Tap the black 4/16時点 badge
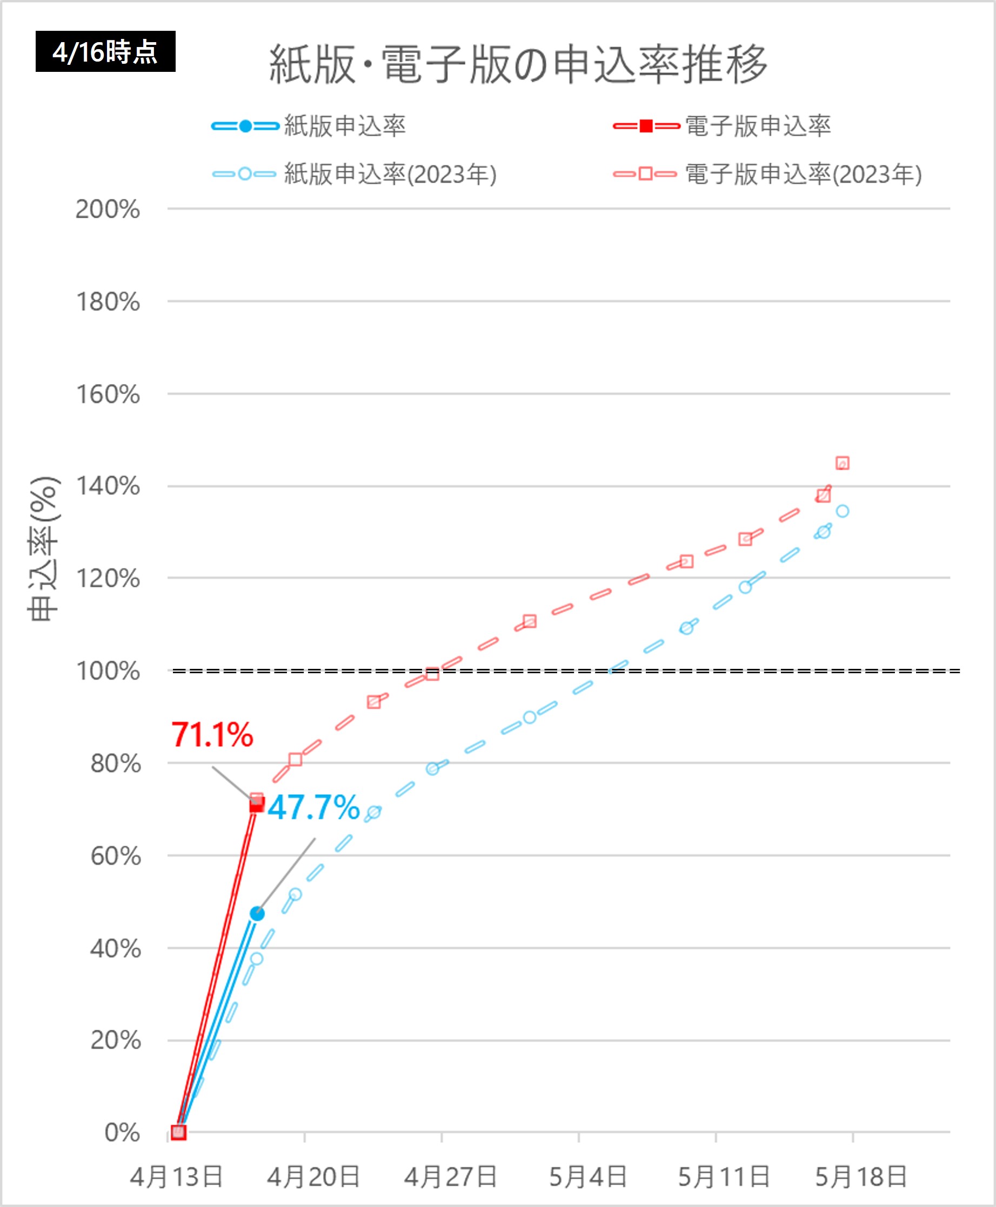click(105, 52)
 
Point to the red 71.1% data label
click(212, 734)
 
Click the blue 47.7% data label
click(313, 807)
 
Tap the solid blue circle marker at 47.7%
click(257, 914)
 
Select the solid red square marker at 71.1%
click(257, 806)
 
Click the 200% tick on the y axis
click(108, 210)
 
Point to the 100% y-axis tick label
click(108, 671)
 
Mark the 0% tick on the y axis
click(122, 1133)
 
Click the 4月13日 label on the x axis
click(176, 1177)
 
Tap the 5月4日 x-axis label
click(588, 1177)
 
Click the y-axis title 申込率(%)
click(44, 549)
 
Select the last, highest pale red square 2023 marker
click(842, 463)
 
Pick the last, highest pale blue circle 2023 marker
click(842, 511)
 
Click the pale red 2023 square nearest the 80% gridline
click(296, 760)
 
